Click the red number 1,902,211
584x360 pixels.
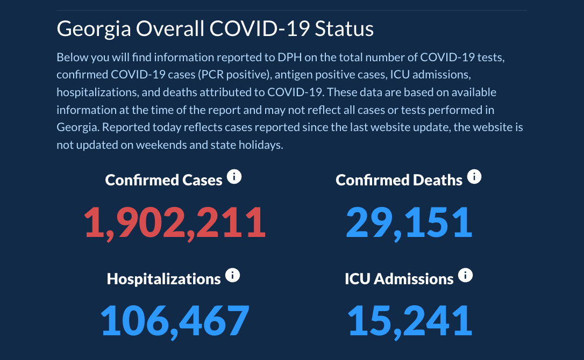pos(175,222)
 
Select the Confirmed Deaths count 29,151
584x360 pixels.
pos(409,222)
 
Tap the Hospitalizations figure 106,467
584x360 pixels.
pos(175,320)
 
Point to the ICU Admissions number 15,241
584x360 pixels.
pos(410,320)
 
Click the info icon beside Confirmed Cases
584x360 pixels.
pos(234,177)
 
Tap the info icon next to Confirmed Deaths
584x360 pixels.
pos(474,177)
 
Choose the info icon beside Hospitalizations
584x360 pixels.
pos(232,276)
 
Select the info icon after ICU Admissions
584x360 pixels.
pos(465,276)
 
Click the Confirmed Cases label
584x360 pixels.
pos(163,179)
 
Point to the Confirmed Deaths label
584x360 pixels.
pos(399,179)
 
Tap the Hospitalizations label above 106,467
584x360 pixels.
pos(163,278)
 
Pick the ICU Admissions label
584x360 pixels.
pos(399,278)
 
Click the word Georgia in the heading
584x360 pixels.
pos(93,29)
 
